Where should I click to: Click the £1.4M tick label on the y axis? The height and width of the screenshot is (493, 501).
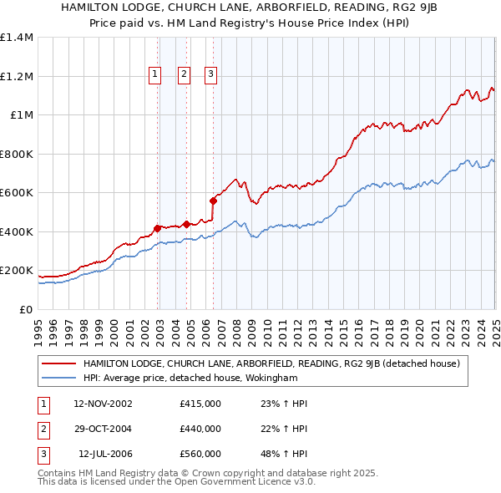[x=17, y=38]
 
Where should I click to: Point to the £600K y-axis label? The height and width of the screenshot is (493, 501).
[x=17, y=193]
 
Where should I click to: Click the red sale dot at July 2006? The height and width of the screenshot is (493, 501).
[x=213, y=201]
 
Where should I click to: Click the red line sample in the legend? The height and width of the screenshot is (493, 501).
[x=60, y=363]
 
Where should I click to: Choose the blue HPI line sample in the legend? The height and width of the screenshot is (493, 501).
[x=60, y=378]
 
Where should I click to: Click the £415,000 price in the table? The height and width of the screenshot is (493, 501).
[x=200, y=404]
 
